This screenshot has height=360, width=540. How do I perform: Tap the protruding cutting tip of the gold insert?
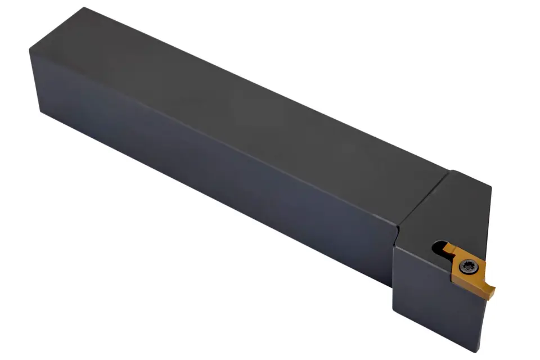click(491, 291)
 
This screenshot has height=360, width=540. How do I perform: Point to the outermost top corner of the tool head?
click(491, 188)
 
